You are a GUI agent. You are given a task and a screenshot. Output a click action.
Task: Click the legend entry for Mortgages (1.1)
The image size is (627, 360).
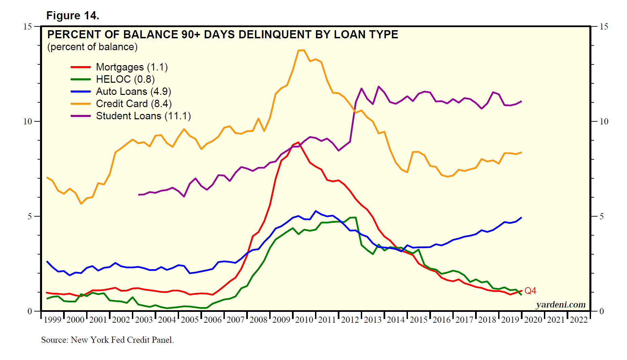tap(132, 67)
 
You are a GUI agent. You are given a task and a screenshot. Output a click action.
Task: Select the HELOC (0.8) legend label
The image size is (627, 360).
tap(125, 79)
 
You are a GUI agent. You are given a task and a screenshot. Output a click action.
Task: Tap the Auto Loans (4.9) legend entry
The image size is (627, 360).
tap(133, 92)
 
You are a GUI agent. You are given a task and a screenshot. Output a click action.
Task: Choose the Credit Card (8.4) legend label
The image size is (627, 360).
tap(134, 104)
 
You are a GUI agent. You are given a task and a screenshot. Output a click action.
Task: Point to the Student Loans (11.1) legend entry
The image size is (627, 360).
tap(143, 116)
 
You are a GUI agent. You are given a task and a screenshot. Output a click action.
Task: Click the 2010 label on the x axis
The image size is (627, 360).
tap(304, 320)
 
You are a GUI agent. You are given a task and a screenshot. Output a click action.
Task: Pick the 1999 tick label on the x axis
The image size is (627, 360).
tap(53, 320)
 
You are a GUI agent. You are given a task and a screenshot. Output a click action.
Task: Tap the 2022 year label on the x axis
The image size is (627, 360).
tap(579, 320)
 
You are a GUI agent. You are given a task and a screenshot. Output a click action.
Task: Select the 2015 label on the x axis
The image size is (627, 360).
tap(418, 320)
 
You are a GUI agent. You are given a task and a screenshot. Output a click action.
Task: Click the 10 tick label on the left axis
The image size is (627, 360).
tap(27, 121)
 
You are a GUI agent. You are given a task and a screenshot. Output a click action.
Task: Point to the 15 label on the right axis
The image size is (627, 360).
tap(604, 26)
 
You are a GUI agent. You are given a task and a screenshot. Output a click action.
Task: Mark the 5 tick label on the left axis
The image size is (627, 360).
tap(30, 216)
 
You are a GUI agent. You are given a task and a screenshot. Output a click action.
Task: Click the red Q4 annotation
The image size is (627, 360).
tap(530, 291)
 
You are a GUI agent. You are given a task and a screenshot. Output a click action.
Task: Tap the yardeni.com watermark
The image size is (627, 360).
tap(561, 305)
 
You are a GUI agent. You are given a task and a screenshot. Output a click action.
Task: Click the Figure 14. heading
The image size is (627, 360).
tap(73, 16)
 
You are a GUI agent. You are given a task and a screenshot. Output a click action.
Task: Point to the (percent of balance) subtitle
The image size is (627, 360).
tap(92, 47)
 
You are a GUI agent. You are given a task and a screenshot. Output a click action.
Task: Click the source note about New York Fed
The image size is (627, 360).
tap(107, 340)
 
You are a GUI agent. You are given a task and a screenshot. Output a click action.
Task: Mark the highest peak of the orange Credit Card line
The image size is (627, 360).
tap(301, 50)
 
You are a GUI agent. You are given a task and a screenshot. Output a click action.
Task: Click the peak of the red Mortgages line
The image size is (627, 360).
tap(298, 142)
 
